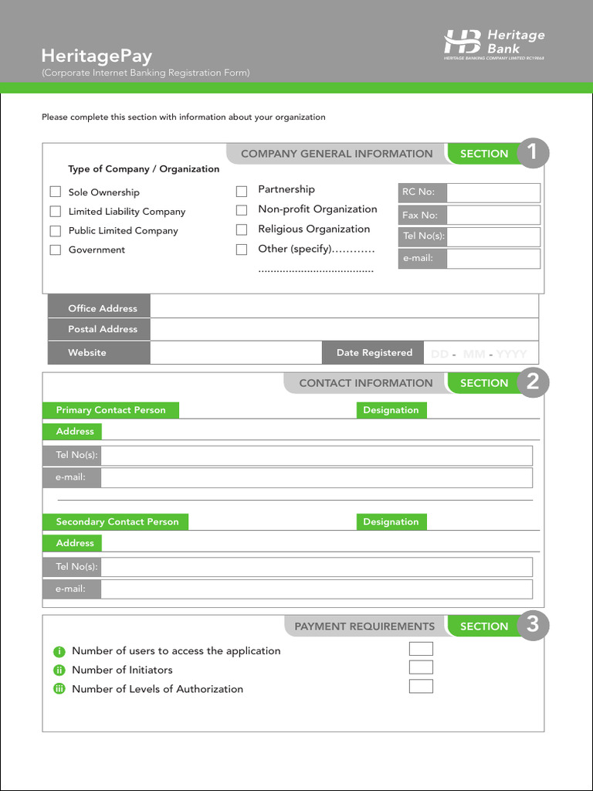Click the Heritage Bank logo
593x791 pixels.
[494, 44]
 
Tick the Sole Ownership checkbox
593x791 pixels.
[56, 192]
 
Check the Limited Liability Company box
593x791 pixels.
[56, 211]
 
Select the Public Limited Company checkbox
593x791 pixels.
[56, 230]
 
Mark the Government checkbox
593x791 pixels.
[56, 250]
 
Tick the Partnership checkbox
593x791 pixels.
[242, 191]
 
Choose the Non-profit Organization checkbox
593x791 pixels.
[242, 210]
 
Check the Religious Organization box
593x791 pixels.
[242, 229]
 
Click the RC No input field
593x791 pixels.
[493, 192]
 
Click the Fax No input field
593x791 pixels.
[493, 215]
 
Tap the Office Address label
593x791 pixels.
[102, 308]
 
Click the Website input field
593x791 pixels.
[236, 352]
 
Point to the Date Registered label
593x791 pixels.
[374, 352]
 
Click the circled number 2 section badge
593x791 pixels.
[532, 382]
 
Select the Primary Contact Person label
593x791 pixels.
[110, 410]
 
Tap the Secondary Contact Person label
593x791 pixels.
[117, 522]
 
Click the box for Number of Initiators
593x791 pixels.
[421, 667]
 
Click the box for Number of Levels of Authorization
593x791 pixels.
[421, 686]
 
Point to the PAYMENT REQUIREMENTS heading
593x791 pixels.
[364, 626]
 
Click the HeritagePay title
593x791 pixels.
[97, 56]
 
